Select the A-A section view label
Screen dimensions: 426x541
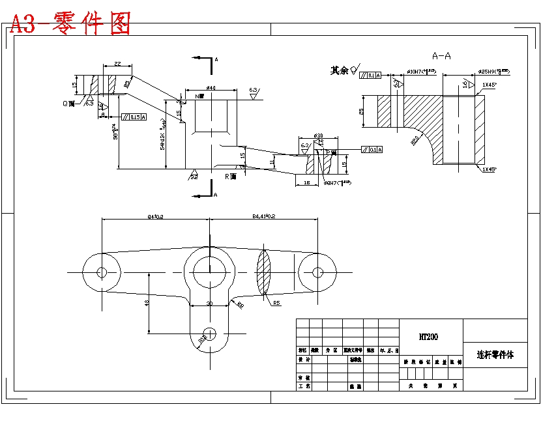click(x=441, y=56)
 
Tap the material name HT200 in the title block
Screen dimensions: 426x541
click(x=428, y=337)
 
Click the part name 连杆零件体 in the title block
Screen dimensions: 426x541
click(x=495, y=355)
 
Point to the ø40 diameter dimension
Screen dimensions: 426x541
click(x=211, y=88)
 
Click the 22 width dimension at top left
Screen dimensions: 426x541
click(x=117, y=63)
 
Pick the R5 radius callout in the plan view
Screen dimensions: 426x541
click(x=276, y=303)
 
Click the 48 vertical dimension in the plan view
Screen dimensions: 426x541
click(x=147, y=303)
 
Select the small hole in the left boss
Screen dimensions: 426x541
click(x=102, y=272)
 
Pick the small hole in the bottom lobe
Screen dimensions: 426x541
click(x=209, y=332)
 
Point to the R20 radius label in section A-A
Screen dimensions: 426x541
click(x=415, y=139)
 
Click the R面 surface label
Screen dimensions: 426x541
click(x=231, y=176)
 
